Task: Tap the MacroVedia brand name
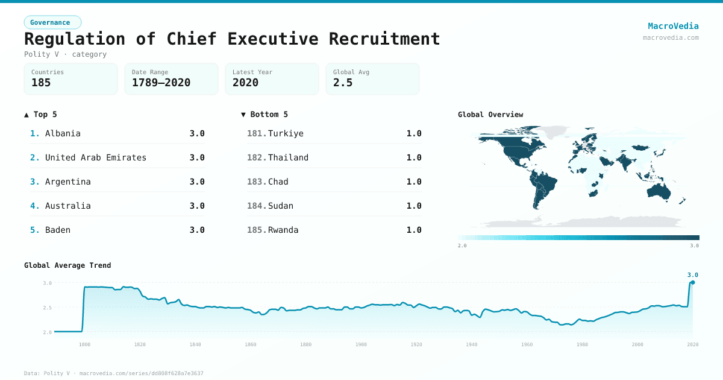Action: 673,26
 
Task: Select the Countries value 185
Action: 41,83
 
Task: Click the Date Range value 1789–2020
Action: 161,83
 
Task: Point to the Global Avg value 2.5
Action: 343,83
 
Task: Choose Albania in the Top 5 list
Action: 63,133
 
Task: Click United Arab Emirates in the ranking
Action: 96,157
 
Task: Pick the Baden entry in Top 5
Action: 58,230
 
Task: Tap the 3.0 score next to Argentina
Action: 197,182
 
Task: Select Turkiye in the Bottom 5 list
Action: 286,133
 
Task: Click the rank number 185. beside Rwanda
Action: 257,230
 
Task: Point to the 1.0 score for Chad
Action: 414,182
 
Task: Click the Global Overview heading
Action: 490,115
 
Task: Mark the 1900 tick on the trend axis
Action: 361,344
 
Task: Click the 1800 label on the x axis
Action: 85,344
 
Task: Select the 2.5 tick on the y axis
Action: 47,308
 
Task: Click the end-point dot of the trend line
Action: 693,282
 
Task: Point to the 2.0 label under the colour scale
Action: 462,245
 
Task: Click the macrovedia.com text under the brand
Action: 671,37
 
